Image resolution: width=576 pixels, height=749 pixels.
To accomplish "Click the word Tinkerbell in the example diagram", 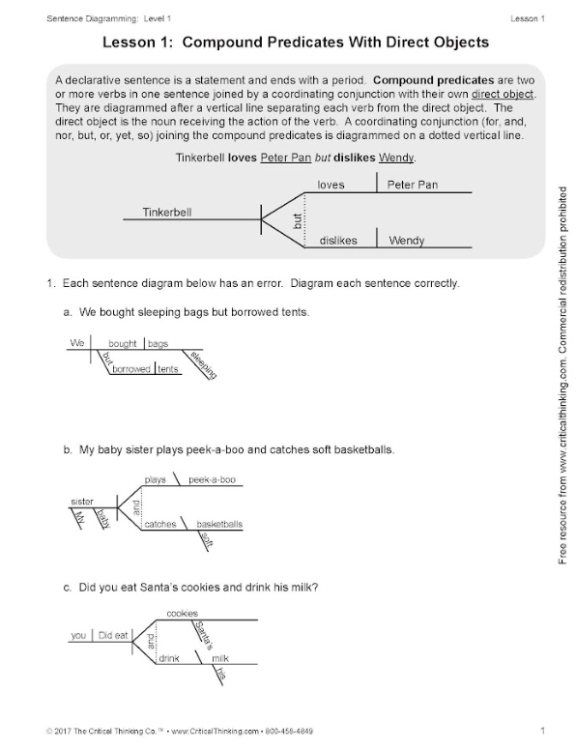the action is coord(166,212).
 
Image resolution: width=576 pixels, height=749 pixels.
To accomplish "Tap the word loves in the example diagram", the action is coord(331,185).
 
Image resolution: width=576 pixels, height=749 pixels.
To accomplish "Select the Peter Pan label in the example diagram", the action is coord(412,185).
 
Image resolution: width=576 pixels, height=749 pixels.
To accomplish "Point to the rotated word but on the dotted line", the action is coord(297,220).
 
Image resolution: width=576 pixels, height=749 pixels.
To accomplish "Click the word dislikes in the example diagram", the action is coord(338,241).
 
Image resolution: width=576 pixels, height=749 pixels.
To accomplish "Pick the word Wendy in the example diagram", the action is coord(407,241).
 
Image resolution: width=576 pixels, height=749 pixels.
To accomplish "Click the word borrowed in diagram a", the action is coord(131,369).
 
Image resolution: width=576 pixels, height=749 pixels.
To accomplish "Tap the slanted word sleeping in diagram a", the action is coord(204,365).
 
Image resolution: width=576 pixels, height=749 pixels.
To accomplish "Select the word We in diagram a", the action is coord(77,343).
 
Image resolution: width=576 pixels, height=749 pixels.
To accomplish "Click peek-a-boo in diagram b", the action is coord(212,479).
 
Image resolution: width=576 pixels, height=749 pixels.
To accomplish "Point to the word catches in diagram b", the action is coord(160,524).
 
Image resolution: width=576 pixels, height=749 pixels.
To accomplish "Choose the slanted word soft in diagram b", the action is coord(206,539).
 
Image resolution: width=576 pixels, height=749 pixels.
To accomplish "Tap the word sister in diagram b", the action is coord(82,502).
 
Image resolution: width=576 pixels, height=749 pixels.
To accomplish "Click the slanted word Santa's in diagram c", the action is coord(204,636).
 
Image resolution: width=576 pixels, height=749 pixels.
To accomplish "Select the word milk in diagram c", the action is coord(220,658).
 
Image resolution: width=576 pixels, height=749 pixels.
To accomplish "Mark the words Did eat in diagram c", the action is coord(113,635).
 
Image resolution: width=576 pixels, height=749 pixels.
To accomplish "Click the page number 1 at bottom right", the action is coord(542,731).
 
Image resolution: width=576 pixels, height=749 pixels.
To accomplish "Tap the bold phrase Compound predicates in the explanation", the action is coord(433,80).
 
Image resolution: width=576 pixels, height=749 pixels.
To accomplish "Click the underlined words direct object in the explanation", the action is coord(503,94).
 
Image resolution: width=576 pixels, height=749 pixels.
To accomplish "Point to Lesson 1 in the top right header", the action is coord(528,18).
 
